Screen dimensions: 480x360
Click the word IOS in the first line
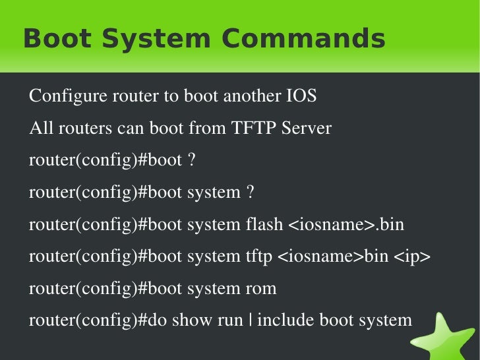coord(301,96)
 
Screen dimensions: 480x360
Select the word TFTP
coord(253,128)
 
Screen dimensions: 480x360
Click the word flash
coord(264,225)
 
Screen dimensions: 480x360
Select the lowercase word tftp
coord(254,257)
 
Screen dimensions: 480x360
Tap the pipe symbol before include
coord(251,321)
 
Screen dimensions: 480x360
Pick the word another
coord(249,96)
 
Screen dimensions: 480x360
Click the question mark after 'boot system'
coord(250,193)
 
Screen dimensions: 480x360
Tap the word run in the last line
coord(230,321)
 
